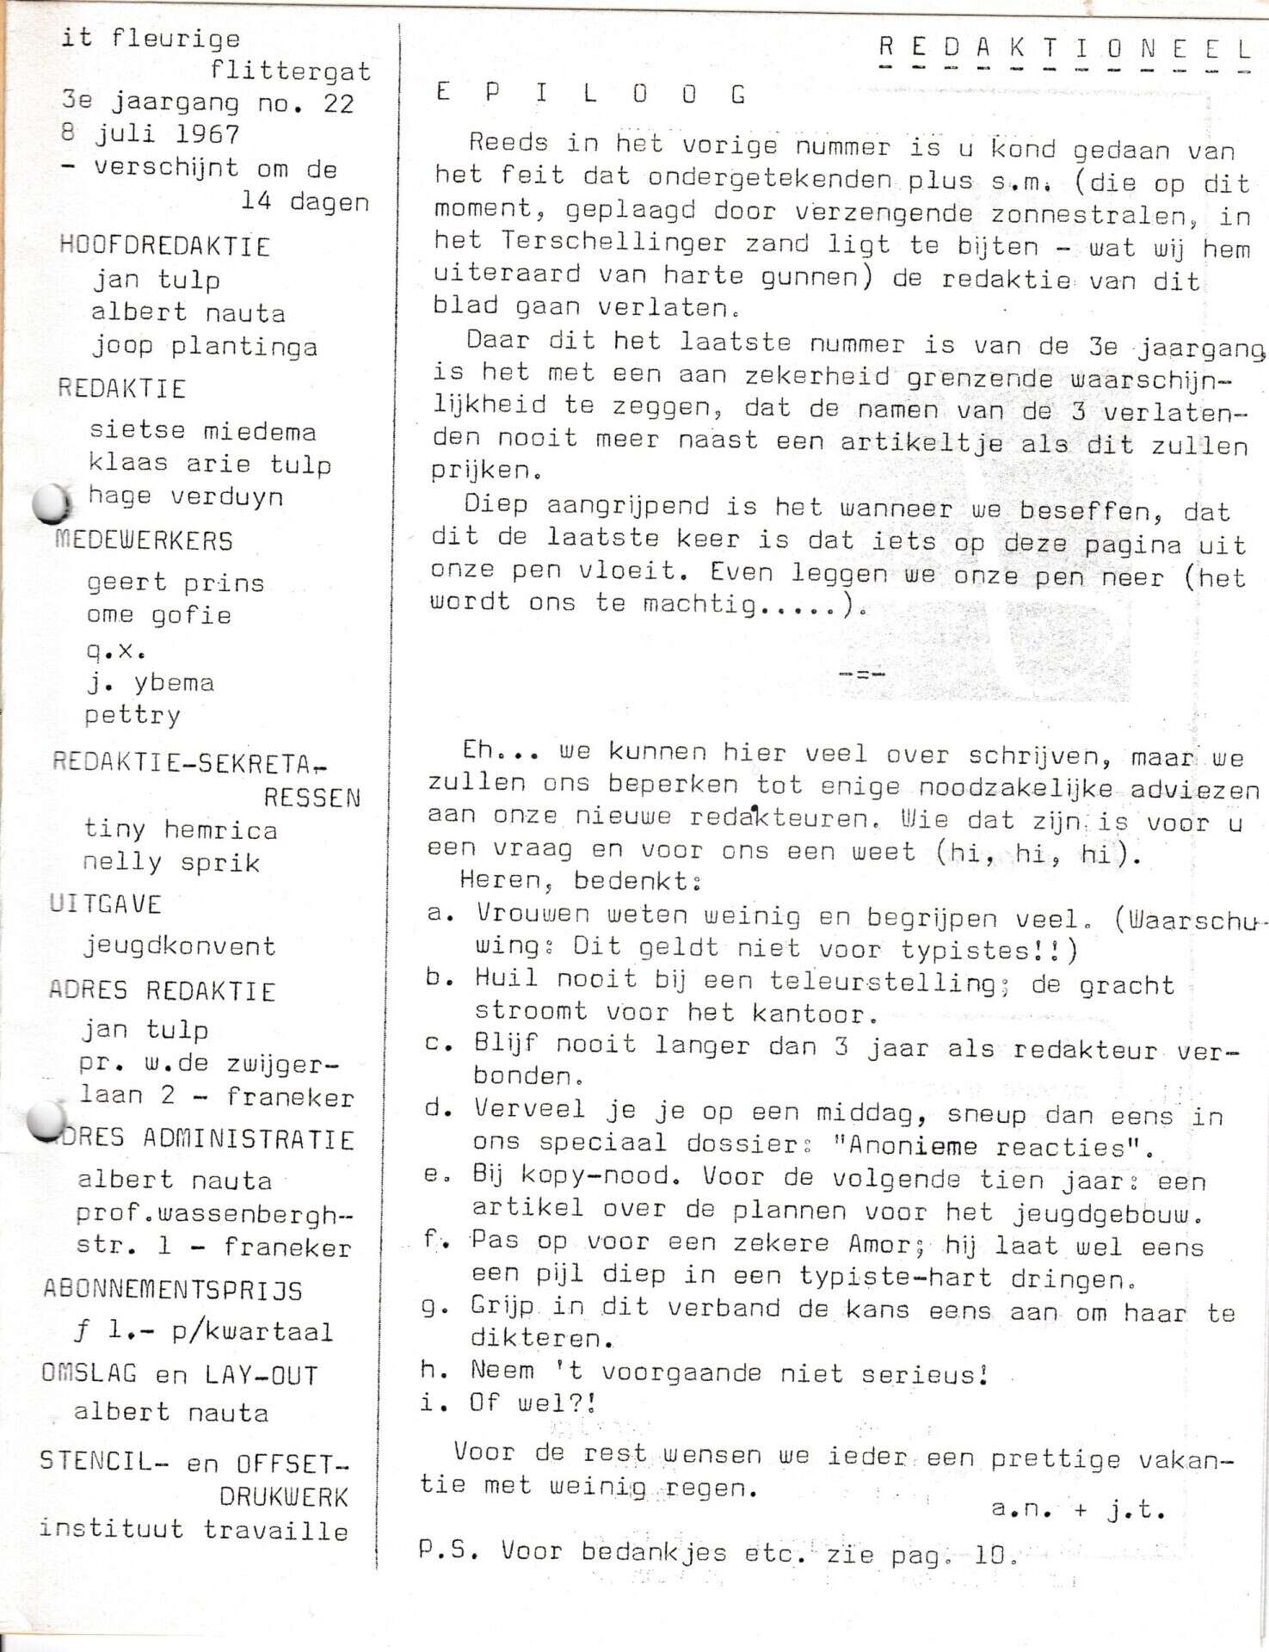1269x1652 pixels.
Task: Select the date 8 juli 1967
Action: point(151,135)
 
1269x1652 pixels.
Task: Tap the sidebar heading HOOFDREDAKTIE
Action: point(164,246)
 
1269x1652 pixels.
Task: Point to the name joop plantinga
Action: point(205,346)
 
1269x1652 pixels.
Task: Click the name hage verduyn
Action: point(185,496)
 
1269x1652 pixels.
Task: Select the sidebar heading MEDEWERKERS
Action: point(144,540)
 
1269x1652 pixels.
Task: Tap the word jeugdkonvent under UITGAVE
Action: point(179,946)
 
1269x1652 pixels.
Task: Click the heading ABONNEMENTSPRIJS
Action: point(173,1290)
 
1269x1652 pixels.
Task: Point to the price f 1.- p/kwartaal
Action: point(203,1331)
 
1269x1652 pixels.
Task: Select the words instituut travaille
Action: point(194,1530)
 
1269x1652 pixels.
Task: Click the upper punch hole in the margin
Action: point(51,503)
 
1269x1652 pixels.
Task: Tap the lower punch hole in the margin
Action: point(46,1120)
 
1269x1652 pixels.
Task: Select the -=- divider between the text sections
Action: point(861,673)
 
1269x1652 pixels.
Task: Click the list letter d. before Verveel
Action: point(439,1108)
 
